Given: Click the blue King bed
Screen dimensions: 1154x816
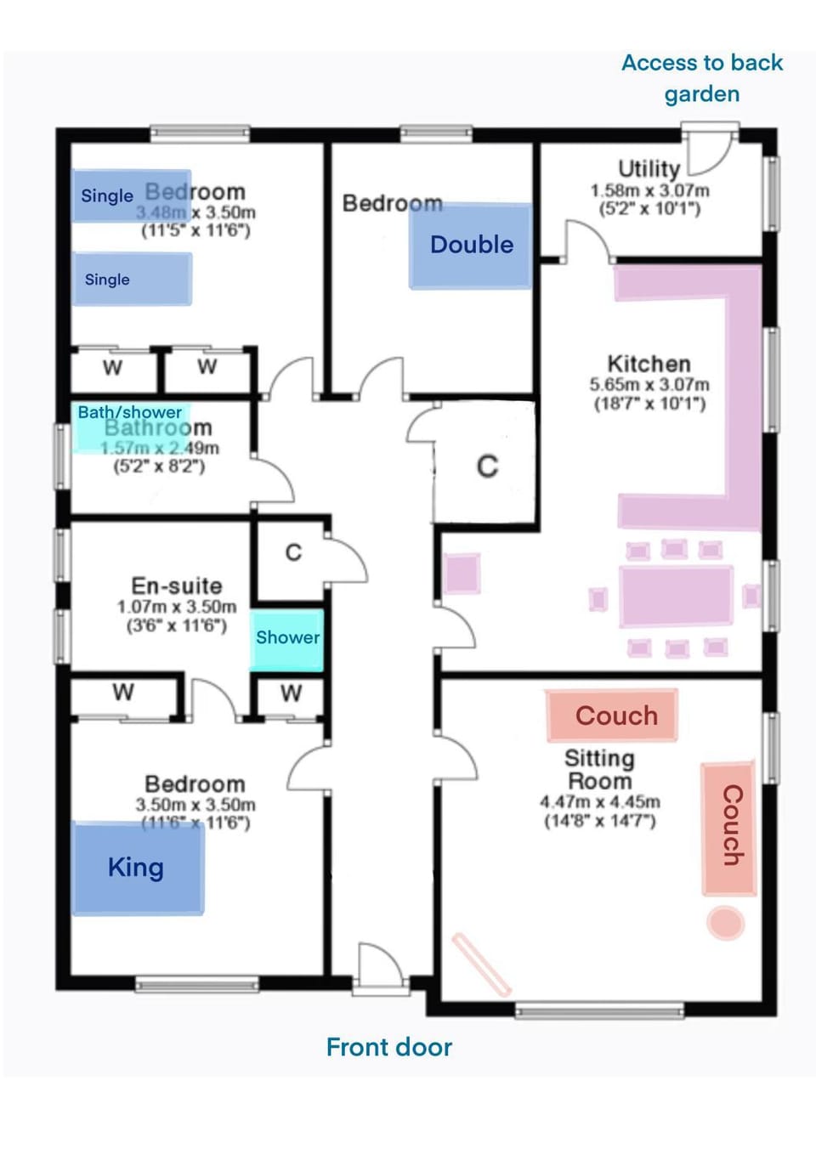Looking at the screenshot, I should [x=138, y=868].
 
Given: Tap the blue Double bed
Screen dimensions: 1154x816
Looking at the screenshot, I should [x=471, y=246].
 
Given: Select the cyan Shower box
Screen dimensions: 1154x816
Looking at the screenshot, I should [x=287, y=638].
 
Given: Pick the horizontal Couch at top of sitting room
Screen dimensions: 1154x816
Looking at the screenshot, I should [x=612, y=716].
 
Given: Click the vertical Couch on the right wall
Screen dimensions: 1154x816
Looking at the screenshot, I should [x=729, y=828].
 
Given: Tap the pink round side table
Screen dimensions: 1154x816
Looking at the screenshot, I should [x=726, y=923].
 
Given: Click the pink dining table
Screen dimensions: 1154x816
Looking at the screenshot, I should [x=676, y=597].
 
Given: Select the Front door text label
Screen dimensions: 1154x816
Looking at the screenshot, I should [x=389, y=1047].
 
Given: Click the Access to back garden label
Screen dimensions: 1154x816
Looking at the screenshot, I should [x=702, y=78].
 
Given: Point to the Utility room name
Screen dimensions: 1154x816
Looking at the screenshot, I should [x=649, y=168].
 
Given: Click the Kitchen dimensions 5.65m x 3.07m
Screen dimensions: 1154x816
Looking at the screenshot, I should [x=649, y=385].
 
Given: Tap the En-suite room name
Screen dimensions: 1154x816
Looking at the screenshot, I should [x=177, y=585].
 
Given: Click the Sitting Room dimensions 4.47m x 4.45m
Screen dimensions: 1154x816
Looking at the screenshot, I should [x=600, y=801].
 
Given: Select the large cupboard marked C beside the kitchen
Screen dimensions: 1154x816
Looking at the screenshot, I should [x=486, y=466].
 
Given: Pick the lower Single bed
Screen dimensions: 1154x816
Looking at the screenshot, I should [x=132, y=279].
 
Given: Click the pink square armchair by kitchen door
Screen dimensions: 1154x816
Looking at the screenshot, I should [x=462, y=573].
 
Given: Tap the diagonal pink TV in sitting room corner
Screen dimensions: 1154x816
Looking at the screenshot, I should [x=482, y=964].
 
